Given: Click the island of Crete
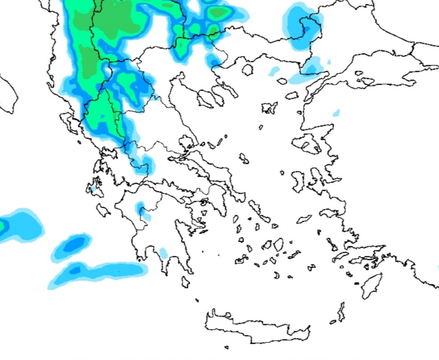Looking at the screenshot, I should (x=255, y=325).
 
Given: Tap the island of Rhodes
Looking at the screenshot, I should (x=371, y=285).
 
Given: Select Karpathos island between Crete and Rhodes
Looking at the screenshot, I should (x=342, y=312).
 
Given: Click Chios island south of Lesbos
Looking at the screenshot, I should (x=298, y=180).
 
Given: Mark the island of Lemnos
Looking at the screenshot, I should (x=269, y=108).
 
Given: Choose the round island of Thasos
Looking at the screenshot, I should (x=247, y=70).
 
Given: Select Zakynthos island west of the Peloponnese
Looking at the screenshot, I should (x=103, y=210).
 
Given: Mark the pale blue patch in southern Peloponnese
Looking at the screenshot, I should (x=163, y=253).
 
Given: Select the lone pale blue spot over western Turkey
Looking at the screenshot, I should (x=336, y=112).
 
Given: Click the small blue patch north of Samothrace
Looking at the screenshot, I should (x=274, y=71).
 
